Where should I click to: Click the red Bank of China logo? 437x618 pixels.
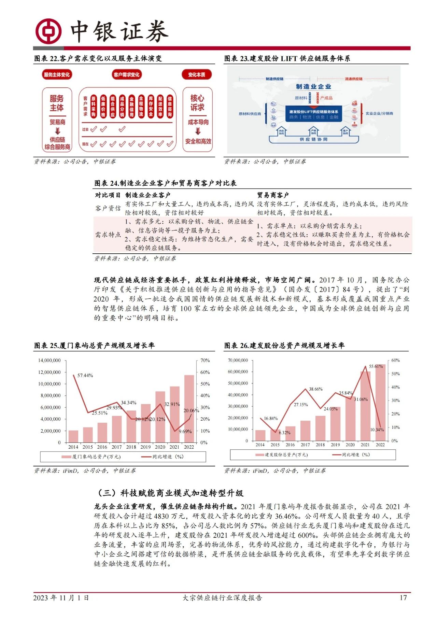click(x=49, y=31)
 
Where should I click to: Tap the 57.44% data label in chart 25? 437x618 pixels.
click(x=85, y=375)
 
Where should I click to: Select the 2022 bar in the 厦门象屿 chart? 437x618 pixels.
click(x=189, y=409)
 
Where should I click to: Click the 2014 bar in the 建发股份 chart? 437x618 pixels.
click(x=260, y=435)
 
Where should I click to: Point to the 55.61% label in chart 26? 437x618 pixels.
click(x=376, y=366)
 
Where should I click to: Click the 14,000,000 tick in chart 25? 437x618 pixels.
click(x=50, y=360)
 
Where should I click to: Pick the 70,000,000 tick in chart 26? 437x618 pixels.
click(x=238, y=360)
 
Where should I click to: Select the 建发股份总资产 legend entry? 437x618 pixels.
click(x=282, y=454)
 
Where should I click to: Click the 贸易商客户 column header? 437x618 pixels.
click(x=273, y=195)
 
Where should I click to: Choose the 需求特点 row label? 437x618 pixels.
click(x=108, y=235)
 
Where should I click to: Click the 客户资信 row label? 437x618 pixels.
click(x=108, y=208)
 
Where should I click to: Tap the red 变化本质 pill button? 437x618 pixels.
click(x=197, y=74)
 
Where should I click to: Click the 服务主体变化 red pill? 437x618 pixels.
click(x=57, y=74)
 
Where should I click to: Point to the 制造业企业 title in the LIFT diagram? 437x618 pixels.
click(x=313, y=87)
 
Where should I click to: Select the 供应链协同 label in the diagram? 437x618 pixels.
click(x=313, y=139)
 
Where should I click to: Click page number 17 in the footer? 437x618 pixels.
click(x=403, y=598)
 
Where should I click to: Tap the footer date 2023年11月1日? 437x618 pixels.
click(x=61, y=598)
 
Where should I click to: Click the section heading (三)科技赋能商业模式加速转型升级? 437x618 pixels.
click(x=170, y=493)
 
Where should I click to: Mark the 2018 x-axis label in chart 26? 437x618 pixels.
click(x=320, y=445)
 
